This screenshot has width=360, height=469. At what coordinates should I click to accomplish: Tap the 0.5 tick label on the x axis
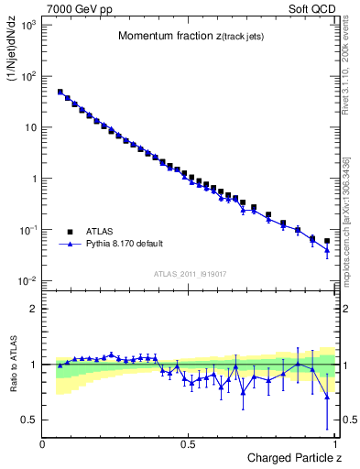pyautogui.click(x=188, y=444)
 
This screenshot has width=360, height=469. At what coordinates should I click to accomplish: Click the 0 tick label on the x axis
pyautogui.click(x=43, y=444)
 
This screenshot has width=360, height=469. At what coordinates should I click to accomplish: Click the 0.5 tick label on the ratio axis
pyautogui.click(x=29, y=420)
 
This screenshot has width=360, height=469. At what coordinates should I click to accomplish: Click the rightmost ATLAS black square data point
pyautogui.click(x=327, y=242)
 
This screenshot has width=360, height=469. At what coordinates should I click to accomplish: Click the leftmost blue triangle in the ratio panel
pyautogui.click(x=60, y=365)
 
